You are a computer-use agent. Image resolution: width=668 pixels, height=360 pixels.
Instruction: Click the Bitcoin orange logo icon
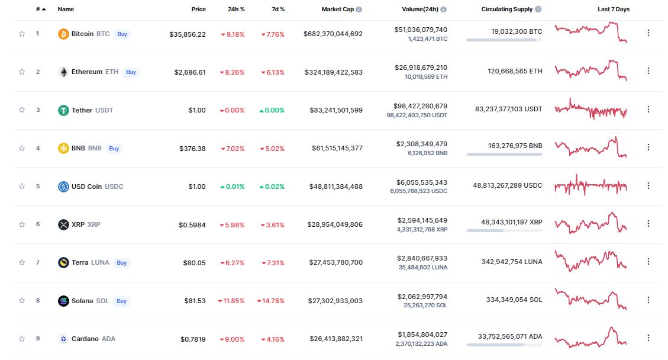(63, 34)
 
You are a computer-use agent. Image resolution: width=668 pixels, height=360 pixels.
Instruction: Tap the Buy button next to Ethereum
(131, 72)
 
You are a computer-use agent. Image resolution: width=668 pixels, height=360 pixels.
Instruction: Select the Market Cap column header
(338, 9)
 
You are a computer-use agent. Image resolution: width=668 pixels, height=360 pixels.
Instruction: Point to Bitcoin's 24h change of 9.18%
(233, 34)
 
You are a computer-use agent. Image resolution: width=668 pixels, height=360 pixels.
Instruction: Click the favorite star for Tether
(22, 110)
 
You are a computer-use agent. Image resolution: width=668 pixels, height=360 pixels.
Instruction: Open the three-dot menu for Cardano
(648, 338)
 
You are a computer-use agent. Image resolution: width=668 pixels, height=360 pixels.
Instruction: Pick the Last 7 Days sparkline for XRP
(590, 223)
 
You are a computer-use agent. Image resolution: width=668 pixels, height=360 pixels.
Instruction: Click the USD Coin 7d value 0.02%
(272, 187)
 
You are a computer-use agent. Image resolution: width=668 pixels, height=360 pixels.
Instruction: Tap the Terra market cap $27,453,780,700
(335, 262)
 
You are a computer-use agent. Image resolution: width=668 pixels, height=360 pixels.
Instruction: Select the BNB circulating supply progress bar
(504, 154)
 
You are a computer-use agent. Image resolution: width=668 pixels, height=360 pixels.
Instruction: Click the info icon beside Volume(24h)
(444, 9)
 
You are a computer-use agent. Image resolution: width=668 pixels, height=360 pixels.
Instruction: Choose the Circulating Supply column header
(506, 9)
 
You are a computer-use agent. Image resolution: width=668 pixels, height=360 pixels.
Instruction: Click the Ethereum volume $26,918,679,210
(422, 67)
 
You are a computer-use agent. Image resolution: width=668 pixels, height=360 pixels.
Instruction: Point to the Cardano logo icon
(63, 339)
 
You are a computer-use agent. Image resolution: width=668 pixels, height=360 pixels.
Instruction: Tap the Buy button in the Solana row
(121, 301)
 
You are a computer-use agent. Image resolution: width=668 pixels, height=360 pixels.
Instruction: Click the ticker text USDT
(104, 110)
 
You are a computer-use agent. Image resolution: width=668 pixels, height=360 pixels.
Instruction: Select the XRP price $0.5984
(192, 224)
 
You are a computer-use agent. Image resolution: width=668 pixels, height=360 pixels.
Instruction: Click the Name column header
(66, 9)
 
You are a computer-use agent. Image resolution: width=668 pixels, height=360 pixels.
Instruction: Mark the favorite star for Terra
(22, 262)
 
